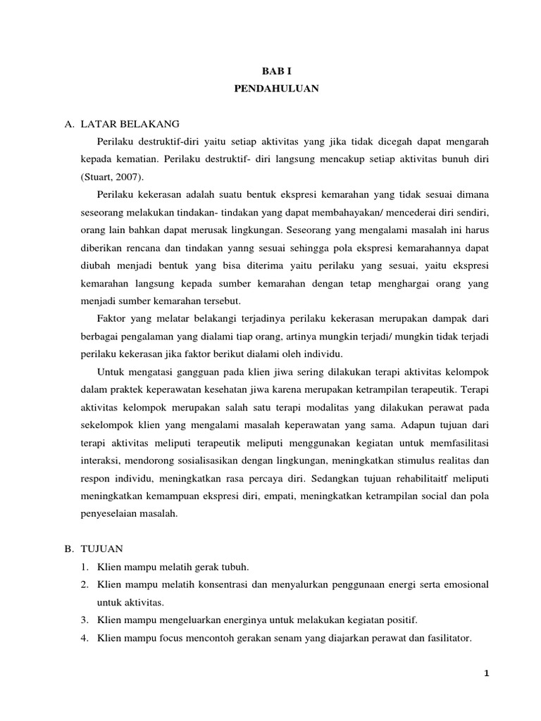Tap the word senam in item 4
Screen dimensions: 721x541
pyautogui.click(x=292, y=638)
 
